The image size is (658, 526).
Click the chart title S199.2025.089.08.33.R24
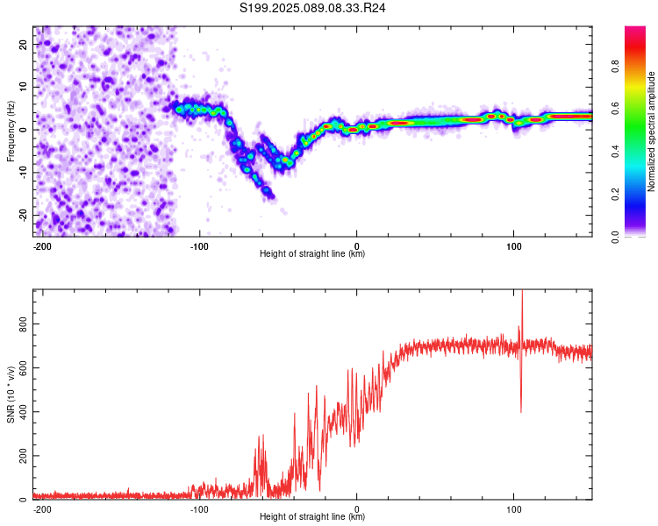coord(312,8)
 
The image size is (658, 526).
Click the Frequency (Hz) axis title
coord(11,131)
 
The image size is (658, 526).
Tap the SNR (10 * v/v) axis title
coord(11,394)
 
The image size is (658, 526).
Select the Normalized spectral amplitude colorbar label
coord(651,131)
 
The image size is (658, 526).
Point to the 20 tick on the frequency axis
coord(23,44)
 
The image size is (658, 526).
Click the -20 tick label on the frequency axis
coord(23,215)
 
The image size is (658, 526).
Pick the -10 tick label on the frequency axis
coord(23,173)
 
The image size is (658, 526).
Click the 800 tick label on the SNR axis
coord(23,324)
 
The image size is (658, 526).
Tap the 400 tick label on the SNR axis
coord(23,412)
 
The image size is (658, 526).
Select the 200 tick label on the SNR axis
coord(23,456)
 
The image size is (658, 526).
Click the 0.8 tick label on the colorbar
coord(615,67)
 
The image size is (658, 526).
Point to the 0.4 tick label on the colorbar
coord(615,152)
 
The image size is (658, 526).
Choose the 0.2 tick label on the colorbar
coord(615,195)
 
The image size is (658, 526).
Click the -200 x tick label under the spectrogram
coord(42,246)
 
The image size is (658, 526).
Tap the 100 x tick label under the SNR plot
coord(513,509)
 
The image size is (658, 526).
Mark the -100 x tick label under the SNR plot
coord(199,509)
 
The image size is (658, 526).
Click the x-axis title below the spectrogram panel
coord(312,253)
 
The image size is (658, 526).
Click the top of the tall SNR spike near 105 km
coord(522,290)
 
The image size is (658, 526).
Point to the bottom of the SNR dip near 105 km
coord(521,412)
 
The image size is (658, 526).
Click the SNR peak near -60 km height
coord(263,435)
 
